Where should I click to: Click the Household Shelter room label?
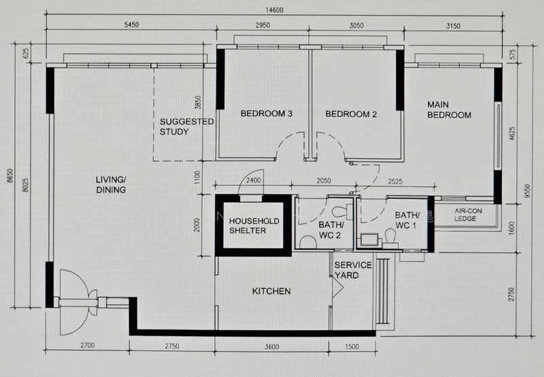coord(254,226)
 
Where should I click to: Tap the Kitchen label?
coord(271,291)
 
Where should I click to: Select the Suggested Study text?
coord(186,127)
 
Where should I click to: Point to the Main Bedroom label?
coord(449,110)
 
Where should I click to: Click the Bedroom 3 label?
coord(267,114)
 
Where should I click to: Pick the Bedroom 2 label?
coord(351,114)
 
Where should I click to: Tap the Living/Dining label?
coord(111,184)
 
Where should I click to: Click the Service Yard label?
coord(353,270)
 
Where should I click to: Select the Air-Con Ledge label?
coord(468,214)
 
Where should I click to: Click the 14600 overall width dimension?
coord(275,10)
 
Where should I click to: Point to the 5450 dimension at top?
coord(131,24)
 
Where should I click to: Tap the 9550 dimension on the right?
coord(528,191)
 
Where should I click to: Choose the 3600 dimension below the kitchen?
coord(271,346)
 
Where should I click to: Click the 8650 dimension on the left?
coord(10,176)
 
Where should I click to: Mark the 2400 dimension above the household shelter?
coord(253,180)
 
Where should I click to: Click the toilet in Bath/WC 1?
coord(391,238)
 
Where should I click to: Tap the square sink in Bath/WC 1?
coord(369,240)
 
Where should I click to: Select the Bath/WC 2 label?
coord(330,230)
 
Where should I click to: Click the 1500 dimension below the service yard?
coord(352,346)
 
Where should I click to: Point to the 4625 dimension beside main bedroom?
coord(512,133)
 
